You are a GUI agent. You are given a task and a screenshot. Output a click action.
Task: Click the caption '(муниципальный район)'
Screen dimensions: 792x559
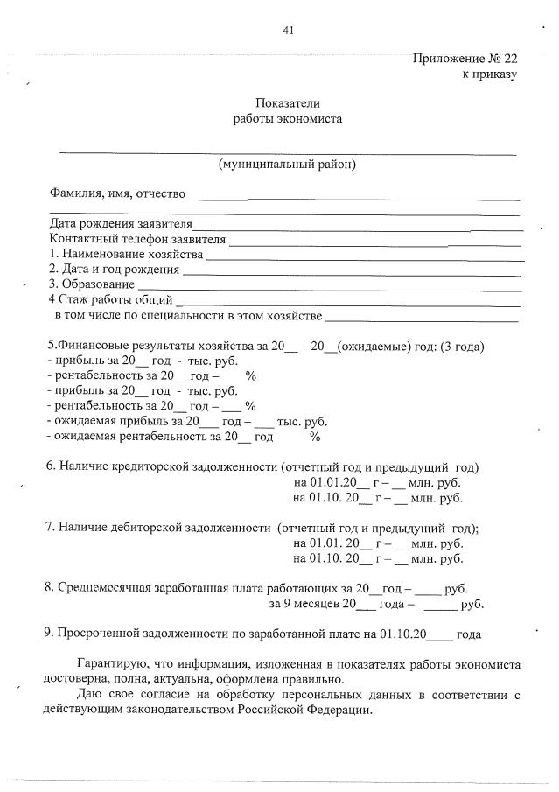(287, 164)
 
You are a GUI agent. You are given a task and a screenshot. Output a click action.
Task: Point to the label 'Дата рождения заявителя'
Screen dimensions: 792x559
(121, 224)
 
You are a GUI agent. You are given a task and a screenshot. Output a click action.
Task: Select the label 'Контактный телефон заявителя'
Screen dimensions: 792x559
(138, 239)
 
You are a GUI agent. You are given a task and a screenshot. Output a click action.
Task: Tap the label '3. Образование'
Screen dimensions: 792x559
(92, 284)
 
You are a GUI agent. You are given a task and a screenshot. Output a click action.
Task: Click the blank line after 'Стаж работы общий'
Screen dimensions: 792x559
(350, 300)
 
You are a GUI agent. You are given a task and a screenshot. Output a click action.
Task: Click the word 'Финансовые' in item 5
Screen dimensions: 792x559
(91, 346)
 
